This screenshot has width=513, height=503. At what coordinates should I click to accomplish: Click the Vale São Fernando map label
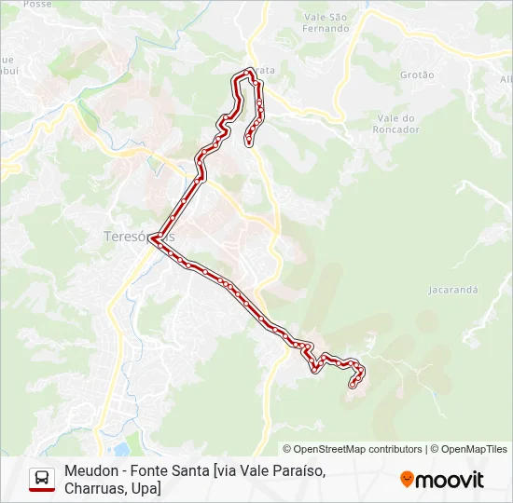(x=326, y=22)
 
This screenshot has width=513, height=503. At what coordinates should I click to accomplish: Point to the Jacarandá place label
(x=453, y=290)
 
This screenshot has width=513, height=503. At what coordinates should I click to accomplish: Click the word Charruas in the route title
(x=94, y=488)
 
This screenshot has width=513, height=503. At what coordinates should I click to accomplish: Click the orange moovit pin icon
(x=408, y=480)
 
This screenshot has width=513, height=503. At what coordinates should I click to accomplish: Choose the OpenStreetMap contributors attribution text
(x=353, y=449)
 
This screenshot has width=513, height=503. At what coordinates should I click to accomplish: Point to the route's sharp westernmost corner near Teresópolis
(x=151, y=237)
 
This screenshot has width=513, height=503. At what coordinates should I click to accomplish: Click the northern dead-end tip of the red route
(x=248, y=143)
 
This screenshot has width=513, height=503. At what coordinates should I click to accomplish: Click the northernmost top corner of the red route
(x=249, y=71)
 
